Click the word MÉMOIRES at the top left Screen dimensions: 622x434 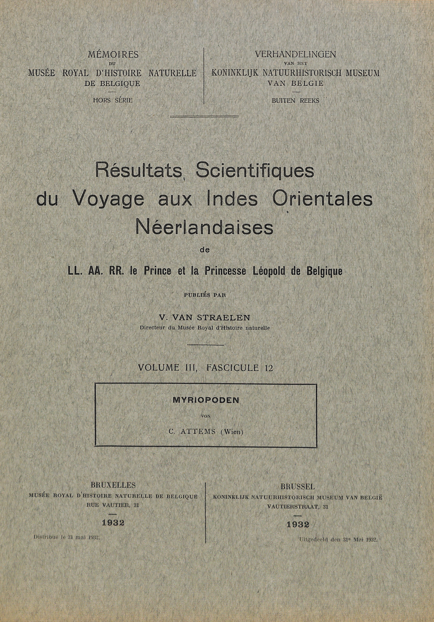coord(113,55)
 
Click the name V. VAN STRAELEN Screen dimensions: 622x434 coord(205,318)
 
